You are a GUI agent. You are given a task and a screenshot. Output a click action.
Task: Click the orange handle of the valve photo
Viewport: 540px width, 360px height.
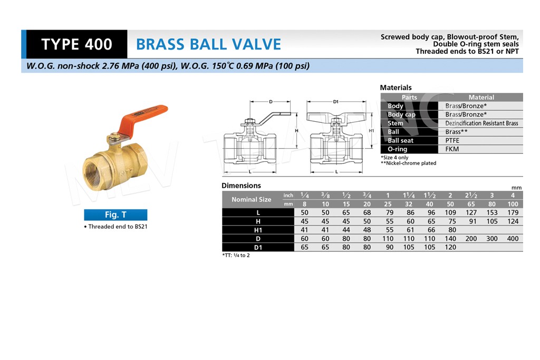143,119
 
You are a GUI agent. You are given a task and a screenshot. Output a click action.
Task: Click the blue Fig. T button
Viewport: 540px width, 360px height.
115,215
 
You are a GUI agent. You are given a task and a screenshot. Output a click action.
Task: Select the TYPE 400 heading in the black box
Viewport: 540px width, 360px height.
76,44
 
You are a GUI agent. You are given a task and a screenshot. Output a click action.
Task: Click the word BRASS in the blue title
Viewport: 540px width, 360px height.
160,44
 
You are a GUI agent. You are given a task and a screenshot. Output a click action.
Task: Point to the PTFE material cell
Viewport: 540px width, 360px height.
452,140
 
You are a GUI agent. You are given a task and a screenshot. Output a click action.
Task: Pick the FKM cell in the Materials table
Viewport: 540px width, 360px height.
452,149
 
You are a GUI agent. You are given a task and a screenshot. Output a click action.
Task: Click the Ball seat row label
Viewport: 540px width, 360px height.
400,140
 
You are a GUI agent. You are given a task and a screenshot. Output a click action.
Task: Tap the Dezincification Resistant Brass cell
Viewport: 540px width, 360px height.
481,123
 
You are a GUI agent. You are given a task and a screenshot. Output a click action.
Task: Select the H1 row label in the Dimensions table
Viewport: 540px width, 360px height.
258,230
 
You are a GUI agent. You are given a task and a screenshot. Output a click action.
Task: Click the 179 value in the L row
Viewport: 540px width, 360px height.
513,213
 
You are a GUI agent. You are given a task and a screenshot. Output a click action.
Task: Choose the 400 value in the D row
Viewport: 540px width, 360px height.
513,239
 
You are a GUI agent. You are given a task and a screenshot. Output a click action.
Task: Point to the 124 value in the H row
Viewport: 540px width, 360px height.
513,221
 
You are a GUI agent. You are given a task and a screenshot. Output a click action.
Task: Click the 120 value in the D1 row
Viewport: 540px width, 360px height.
450,247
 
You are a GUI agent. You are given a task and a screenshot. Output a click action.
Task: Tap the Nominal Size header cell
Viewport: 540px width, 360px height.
251,200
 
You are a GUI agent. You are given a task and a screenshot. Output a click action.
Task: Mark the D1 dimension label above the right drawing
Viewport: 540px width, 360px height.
336,102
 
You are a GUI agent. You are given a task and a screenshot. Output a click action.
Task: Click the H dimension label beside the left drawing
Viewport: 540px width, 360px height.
296,131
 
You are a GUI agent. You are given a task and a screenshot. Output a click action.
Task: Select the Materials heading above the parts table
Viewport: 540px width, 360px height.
396,87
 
